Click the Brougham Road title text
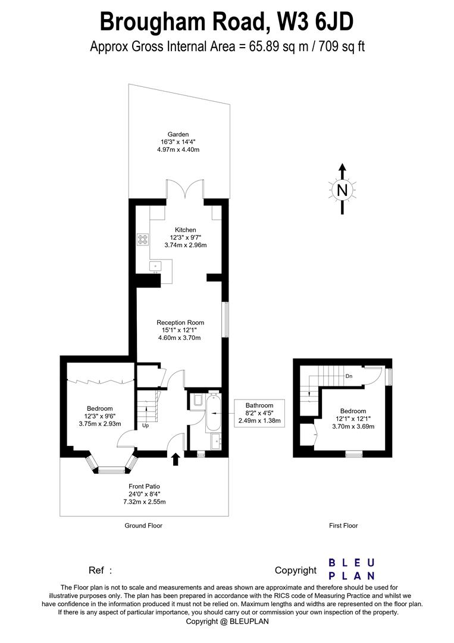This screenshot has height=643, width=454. click(x=227, y=21)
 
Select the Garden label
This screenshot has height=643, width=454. click(x=179, y=135)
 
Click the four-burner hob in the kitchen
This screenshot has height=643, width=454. click(x=143, y=240)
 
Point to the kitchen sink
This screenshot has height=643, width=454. click(x=156, y=266)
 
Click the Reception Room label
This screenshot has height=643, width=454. click(x=179, y=323)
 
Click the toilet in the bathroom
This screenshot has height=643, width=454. click(x=198, y=401)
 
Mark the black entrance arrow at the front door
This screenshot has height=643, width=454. click(x=176, y=459)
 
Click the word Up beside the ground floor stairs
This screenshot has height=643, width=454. click(x=145, y=426)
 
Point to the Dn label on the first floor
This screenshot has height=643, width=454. click(x=349, y=376)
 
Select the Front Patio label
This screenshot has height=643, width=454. click(x=144, y=486)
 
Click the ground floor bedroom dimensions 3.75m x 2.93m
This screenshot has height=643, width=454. click(x=100, y=424)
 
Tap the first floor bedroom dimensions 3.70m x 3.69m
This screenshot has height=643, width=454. click(x=353, y=426)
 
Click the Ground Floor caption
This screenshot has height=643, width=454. click(x=143, y=526)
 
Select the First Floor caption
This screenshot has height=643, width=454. click(x=343, y=526)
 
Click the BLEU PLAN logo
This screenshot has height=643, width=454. click(x=352, y=569)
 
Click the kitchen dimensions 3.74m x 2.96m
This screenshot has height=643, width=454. click(x=185, y=245)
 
